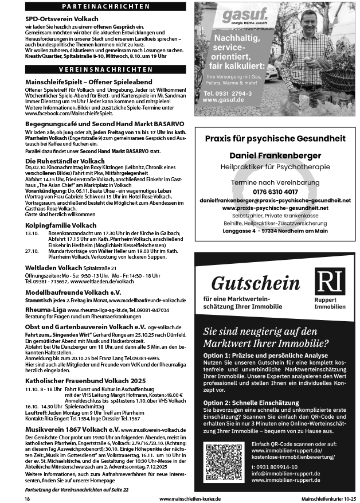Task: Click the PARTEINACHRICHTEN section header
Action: [105, 6]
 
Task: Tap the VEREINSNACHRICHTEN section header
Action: [105, 69]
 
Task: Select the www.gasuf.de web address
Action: [224, 100]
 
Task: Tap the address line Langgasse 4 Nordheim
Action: [275, 231]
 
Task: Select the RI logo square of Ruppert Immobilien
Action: [330, 282]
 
